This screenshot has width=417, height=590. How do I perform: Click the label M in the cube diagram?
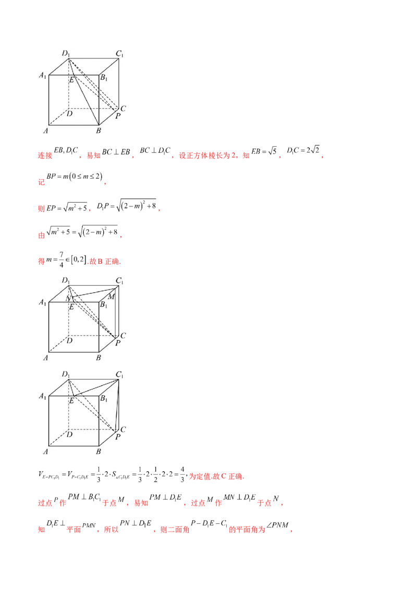pyautogui.click(x=111, y=297)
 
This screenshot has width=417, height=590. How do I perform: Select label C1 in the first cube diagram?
pyautogui.click(x=119, y=53)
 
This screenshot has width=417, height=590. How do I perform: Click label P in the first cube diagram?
pyautogui.click(x=118, y=116)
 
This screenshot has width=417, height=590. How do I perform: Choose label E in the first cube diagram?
pyautogui.click(x=72, y=79)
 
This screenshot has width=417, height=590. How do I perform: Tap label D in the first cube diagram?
pyautogui.click(x=69, y=114)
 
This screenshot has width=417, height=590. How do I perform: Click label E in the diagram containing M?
pyautogui.click(x=72, y=306)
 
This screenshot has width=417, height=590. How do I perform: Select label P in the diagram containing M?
pyautogui.click(x=118, y=344)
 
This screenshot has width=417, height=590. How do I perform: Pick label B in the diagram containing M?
pyautogui.click(x=98, y=358)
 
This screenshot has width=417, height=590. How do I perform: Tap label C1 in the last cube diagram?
pyautogui.click(x=119, y=374)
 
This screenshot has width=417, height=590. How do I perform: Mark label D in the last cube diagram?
pyautogui.click(x=69, y=434)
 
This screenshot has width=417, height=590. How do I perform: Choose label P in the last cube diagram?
pyautogui.click(x=118, y=437)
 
